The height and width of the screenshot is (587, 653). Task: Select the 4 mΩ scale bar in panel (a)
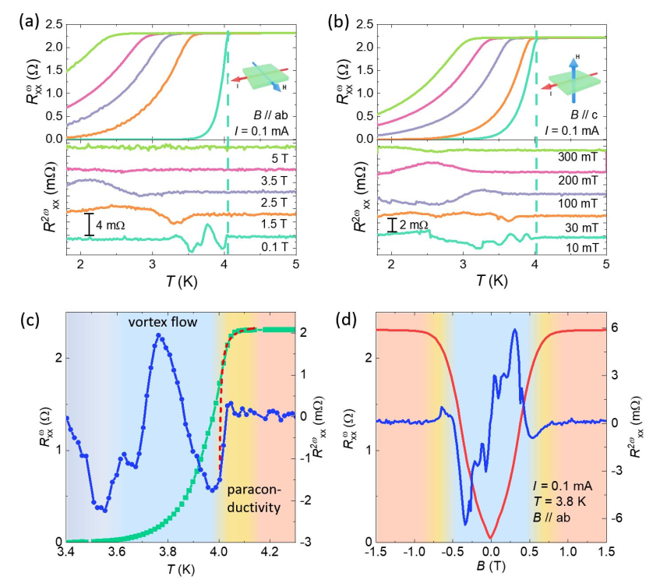coord(90,225)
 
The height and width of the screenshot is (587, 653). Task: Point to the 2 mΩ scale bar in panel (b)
coord(391,225)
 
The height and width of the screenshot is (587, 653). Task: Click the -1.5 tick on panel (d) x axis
coord(376,554)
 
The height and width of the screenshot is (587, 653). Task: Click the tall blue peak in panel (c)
coord(159,335)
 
